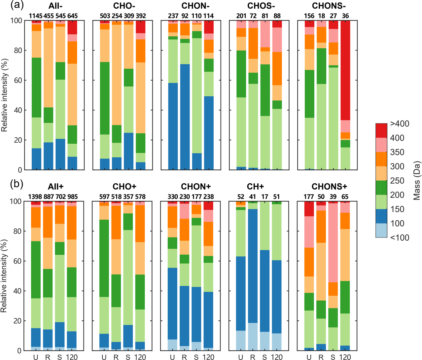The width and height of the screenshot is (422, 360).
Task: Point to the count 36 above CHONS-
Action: [345, 16]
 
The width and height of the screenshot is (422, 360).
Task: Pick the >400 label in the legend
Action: [399, 124]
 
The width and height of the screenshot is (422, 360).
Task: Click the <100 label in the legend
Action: [399, 237]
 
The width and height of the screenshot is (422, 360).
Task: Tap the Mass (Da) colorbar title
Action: [417, 181]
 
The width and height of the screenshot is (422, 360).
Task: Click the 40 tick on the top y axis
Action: [18, 110]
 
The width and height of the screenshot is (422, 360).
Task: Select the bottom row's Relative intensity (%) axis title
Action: [4, 276]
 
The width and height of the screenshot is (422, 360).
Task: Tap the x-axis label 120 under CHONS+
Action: [345, 357]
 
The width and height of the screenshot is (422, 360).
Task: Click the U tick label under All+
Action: [36, 357]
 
